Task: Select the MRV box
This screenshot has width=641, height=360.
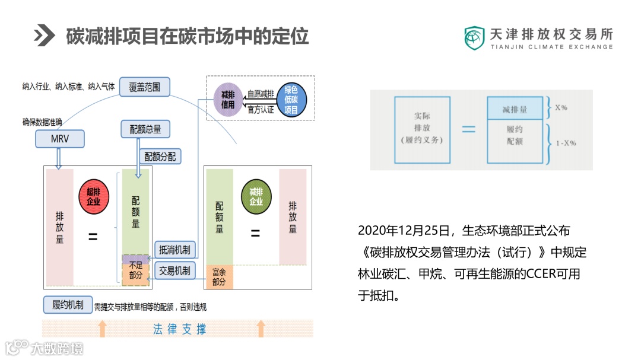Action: pos(59,139)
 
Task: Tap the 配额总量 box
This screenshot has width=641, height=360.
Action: pos(145,129)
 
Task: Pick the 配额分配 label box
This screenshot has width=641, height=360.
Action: pos(160,156)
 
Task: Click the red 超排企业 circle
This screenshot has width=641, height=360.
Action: pos(93,196)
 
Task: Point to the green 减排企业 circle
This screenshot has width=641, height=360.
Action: pos(256,196)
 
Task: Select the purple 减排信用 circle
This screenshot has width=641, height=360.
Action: pos(227,99)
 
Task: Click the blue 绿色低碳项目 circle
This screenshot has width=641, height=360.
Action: pos(291,99)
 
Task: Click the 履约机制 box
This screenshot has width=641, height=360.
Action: pos(67,305)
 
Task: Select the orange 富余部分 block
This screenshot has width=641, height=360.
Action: pos(219,277)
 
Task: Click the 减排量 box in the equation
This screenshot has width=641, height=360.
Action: pos(514,109)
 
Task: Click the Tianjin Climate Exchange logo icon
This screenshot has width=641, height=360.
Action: pos(474,38)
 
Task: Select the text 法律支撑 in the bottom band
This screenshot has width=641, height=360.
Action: pos(180,329)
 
